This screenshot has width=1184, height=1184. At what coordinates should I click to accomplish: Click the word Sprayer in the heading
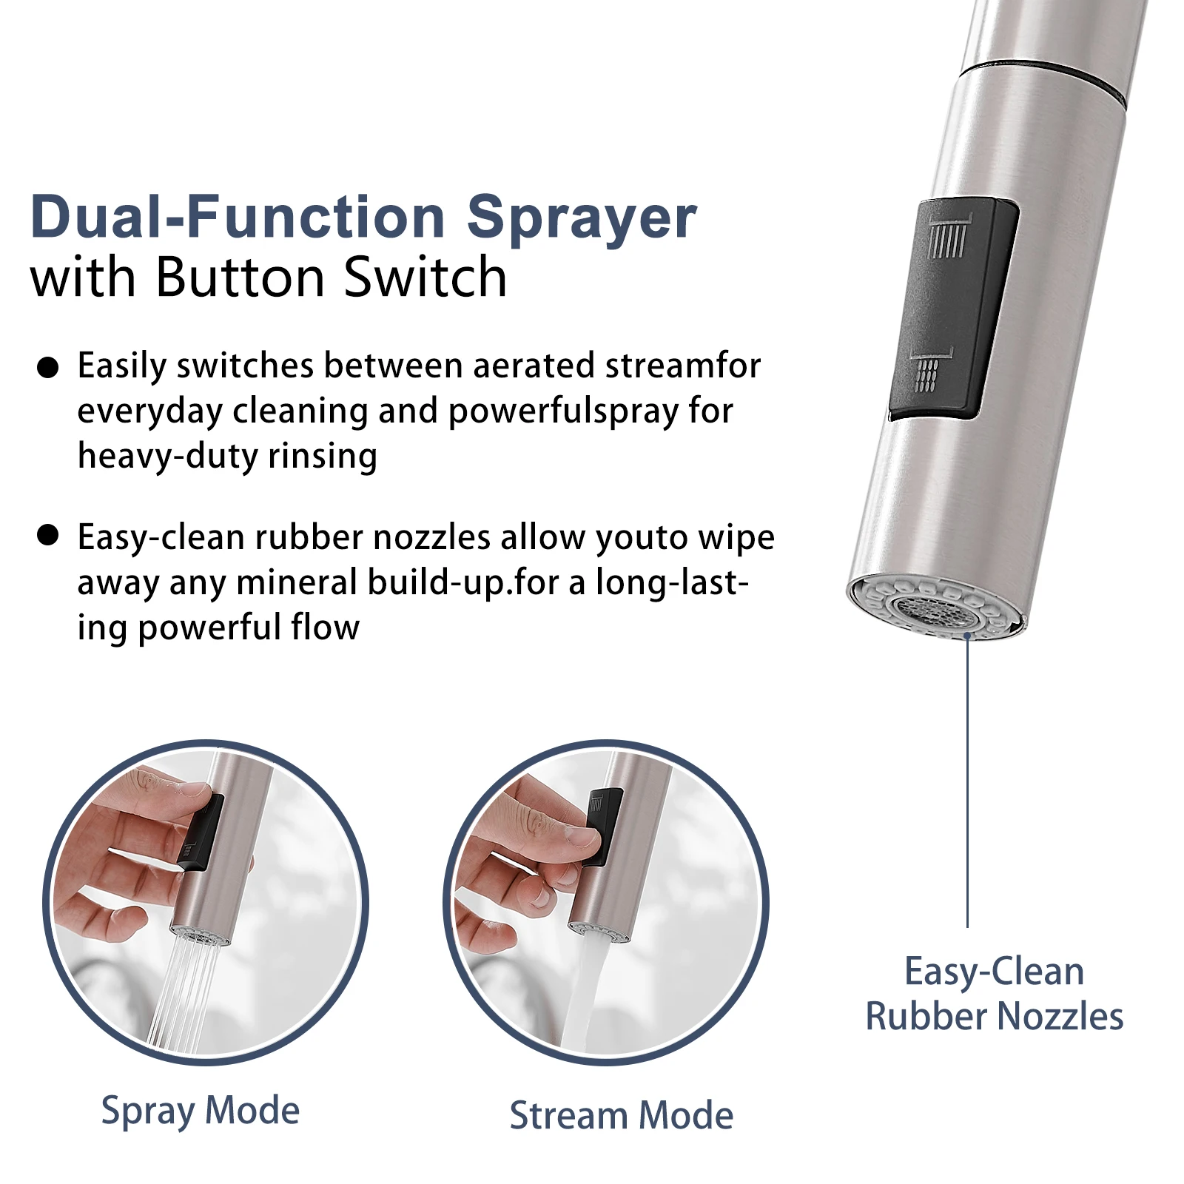(582, 219)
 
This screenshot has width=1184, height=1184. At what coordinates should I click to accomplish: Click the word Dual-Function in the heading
(238, 216)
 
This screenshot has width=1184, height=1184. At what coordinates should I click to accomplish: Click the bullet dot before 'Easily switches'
(47, 368)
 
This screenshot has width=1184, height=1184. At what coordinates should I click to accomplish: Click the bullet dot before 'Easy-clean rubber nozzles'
(47, 535)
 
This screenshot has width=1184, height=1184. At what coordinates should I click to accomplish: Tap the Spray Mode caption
(201, 1111)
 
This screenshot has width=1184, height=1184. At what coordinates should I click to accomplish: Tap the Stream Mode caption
(622, 1115)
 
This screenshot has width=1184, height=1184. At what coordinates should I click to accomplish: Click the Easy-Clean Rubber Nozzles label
(995, 994)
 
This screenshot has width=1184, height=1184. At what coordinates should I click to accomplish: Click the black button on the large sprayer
(953, 309)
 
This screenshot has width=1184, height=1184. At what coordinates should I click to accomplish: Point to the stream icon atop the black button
(948, 235)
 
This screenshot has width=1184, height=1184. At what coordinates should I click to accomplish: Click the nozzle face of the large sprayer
(938, 606)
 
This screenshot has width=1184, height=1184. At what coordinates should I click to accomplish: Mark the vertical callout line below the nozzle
(967, 781)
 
